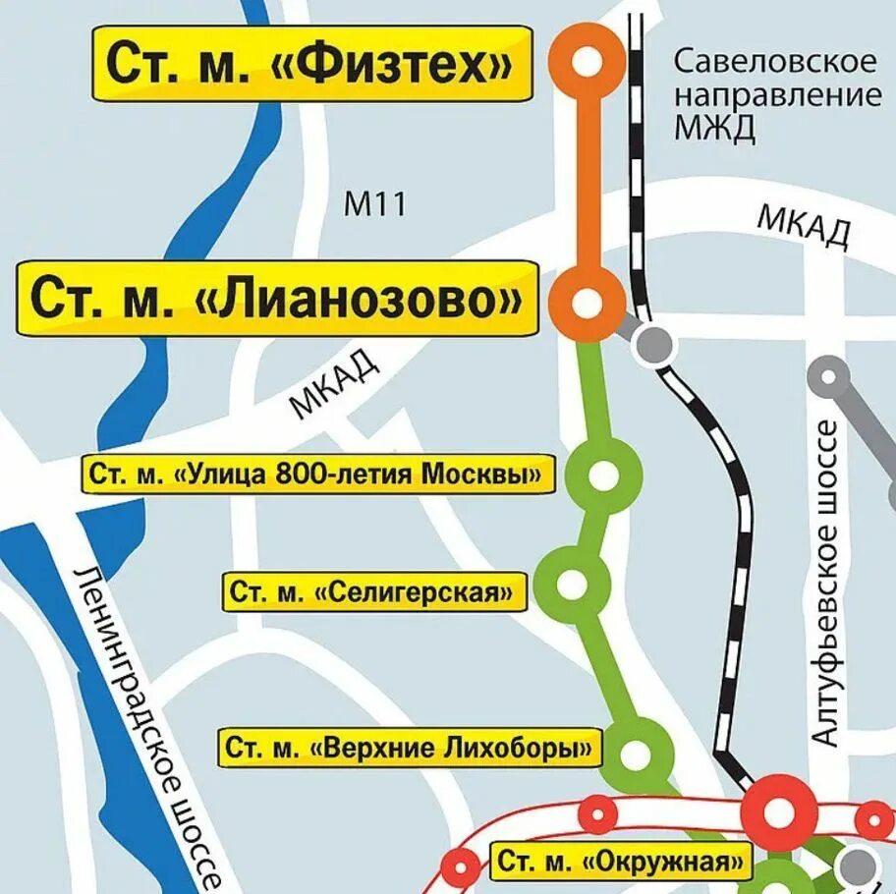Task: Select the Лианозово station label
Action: pos(277,298)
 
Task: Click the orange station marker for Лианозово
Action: pos(588,301)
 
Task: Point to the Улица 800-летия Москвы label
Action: pos(314,475)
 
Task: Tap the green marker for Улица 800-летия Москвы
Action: pos(602,475)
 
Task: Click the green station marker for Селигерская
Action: pos(570,582)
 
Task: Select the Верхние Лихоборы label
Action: pos(409,749)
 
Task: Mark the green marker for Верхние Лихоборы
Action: pos(638,753)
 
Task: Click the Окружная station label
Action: pos(619,863)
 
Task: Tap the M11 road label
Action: pos(374,204)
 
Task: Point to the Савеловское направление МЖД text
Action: pos(775,95)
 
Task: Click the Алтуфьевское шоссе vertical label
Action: pos(826,584)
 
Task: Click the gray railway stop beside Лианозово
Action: pos(651,344)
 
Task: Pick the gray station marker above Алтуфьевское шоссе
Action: pos(831,375)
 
